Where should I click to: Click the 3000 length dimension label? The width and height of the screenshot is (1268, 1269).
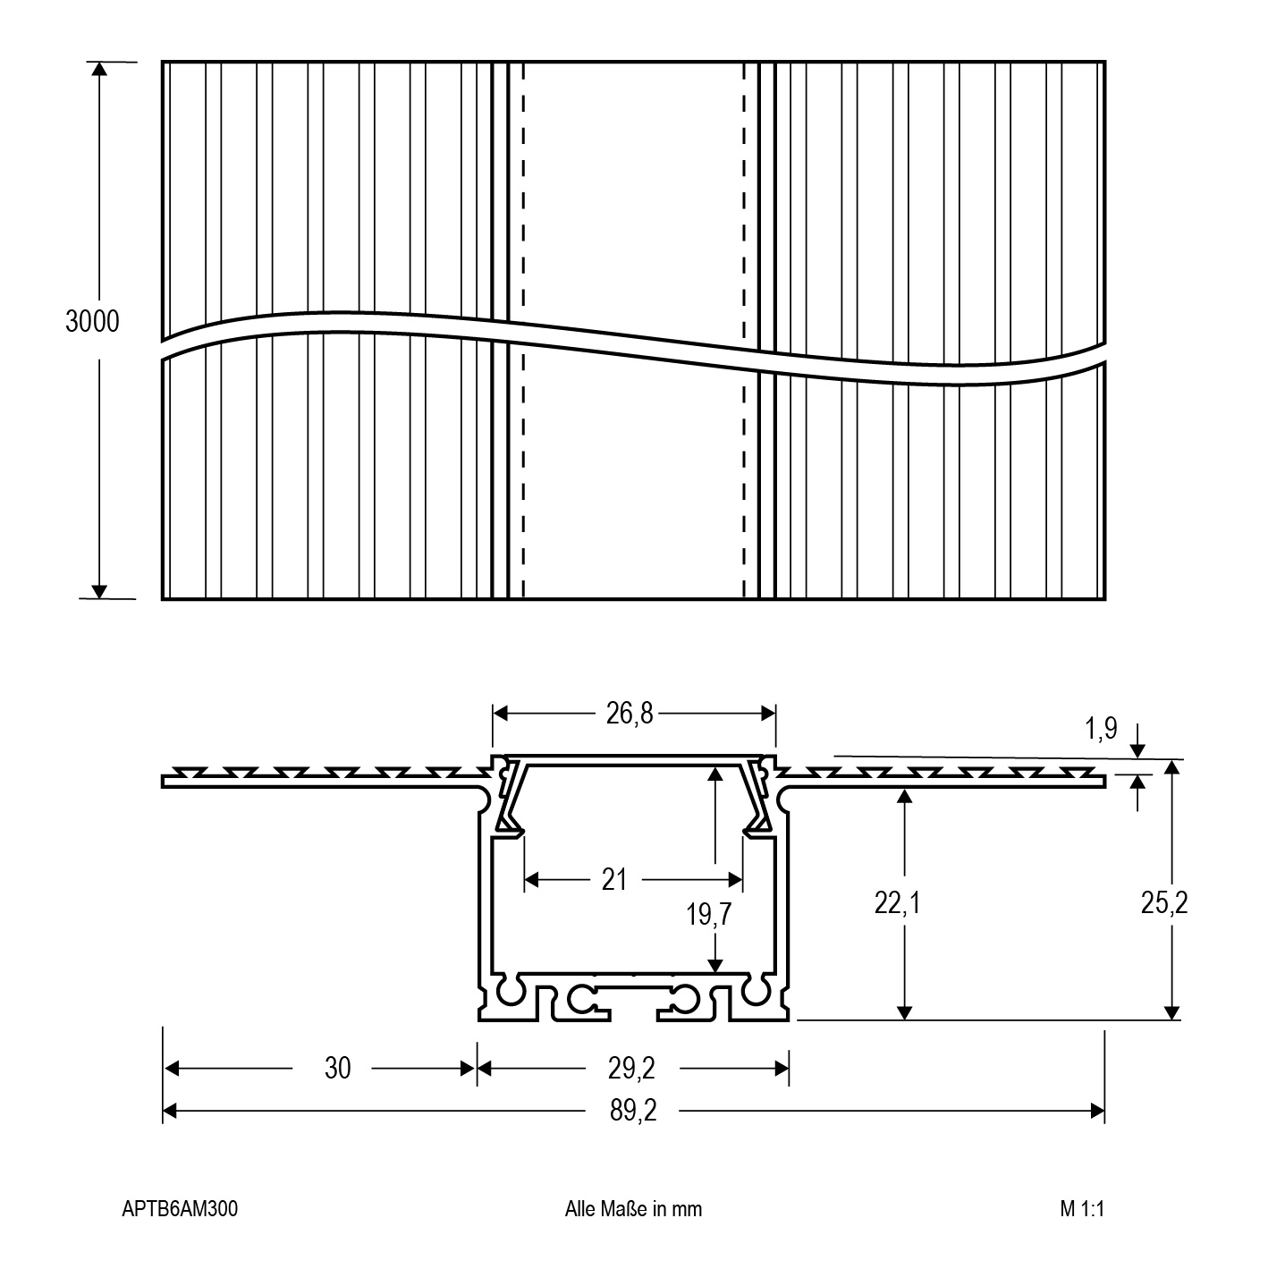92,321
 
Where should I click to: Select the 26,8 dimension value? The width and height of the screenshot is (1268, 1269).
630,713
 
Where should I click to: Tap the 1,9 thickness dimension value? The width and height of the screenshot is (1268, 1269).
1101,728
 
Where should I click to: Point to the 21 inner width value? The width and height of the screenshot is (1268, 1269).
614,880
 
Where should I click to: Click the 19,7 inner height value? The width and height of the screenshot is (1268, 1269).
708,915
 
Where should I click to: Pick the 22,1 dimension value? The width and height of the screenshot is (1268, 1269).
897,903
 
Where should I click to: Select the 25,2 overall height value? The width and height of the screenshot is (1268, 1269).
1164,903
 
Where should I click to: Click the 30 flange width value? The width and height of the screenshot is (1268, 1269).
337,1068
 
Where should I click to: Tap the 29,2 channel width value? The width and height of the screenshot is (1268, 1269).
631,1068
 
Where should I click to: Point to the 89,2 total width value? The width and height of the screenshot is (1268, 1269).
633,1111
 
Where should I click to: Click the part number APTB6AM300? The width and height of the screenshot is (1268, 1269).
180,1208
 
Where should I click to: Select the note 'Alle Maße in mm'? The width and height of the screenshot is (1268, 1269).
633,1208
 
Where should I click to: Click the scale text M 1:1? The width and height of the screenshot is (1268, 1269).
1082,1208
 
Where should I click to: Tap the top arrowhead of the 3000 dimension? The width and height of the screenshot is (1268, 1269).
98,69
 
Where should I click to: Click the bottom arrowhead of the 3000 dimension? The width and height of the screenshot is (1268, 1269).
98,591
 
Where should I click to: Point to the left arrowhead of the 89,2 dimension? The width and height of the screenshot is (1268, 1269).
170,1111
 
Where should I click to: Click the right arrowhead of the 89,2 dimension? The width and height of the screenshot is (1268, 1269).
1097,1111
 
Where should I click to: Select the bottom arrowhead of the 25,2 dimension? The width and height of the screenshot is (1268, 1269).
1171,1012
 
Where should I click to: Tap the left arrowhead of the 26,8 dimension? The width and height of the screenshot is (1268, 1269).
500,713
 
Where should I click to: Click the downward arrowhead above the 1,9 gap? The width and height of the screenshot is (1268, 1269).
1137,750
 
